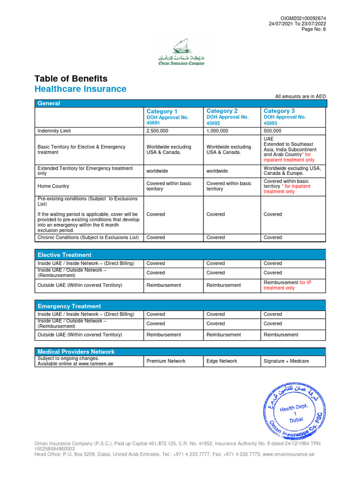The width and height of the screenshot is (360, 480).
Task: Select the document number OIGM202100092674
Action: [303, 18]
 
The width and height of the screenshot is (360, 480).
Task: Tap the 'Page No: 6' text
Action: [314, 29]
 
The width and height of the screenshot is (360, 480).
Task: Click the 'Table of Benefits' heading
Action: [71, 79]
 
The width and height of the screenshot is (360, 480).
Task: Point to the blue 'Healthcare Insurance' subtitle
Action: [80, 89]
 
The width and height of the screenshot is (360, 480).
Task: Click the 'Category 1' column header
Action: [162, 111]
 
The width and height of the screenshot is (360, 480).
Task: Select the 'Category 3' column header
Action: [279, 111]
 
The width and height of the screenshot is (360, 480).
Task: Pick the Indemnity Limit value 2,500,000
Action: [157, 131]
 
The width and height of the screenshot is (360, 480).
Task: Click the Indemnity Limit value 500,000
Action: [272, 131]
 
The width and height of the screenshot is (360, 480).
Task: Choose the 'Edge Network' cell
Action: [222, 361]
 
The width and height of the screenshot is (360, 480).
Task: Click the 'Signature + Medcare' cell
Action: [286, 361]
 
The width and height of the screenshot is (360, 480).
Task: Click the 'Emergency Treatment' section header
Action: [69, 306]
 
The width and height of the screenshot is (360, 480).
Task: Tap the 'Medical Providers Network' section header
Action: [76, 352]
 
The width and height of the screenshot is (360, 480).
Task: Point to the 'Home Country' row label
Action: [53, 186]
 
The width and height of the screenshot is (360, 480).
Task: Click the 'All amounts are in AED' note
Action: [300, 97]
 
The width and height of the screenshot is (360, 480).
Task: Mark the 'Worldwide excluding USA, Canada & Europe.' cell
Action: [292, 171]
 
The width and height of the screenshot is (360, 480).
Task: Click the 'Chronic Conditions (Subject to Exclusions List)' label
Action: [88, 238]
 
